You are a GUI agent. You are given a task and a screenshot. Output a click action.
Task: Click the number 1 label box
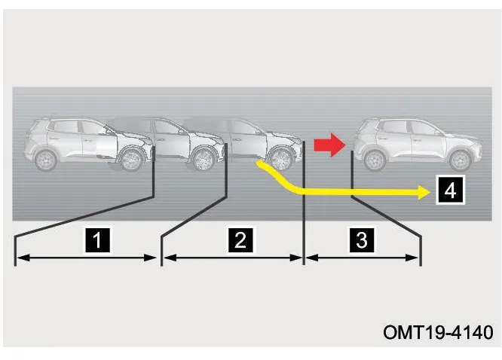click(97, 240)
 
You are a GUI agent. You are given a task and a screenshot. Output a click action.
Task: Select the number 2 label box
click(240, 240)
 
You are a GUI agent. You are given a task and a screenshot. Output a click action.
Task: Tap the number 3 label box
click(362, 240)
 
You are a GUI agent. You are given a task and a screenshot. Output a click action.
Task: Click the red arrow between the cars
click(329, 145)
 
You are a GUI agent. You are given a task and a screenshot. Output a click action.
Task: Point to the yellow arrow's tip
click(430, 192)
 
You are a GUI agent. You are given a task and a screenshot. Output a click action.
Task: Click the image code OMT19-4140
click(438, 332)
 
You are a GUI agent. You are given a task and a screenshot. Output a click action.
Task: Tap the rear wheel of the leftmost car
click(46, 160)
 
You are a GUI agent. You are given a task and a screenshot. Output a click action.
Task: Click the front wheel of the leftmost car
click(131, 160)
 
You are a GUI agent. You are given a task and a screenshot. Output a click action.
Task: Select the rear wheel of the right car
click(375, 160)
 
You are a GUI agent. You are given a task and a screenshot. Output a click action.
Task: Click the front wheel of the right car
click(460, 160)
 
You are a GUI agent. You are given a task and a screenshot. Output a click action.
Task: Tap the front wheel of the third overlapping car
click(280, 160)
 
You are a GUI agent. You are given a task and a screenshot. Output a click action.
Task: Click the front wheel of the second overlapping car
click(203, 160)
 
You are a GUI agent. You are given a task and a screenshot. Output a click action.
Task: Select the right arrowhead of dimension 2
click(295, 258)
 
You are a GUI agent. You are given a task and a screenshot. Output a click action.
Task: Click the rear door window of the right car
click(395, 127)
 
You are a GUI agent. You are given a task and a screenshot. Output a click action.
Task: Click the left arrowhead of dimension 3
click(312, 258)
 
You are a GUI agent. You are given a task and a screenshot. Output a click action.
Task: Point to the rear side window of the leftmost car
click(66, 127)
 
